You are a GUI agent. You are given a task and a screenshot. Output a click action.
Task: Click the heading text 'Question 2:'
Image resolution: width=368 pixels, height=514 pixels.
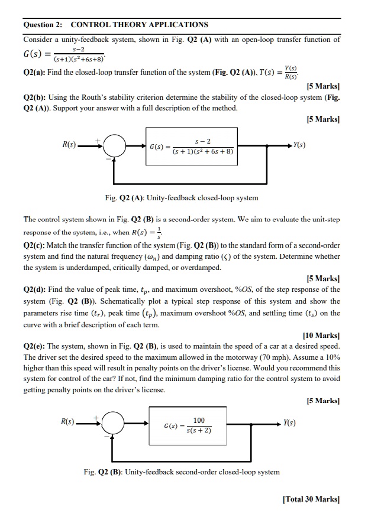click(x=43, y=25)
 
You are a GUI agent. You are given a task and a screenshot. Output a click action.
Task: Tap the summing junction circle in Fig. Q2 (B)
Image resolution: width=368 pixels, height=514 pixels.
click(x=112, y=424)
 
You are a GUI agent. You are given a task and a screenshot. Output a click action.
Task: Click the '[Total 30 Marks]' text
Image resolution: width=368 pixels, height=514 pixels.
click(x=311, y=499)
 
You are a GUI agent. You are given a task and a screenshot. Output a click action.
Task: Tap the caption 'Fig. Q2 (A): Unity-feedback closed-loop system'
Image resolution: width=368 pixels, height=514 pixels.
click(x=181, y=197)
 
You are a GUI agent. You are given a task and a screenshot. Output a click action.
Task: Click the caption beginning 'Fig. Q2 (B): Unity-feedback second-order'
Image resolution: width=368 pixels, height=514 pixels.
click(x=182, y=471)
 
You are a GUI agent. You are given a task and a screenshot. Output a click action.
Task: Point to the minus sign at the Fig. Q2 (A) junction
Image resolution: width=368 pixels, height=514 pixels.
click(x=108, y=158)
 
